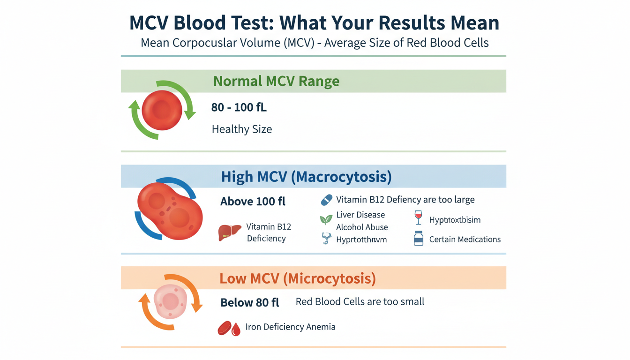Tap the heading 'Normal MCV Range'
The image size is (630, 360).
point(276,81)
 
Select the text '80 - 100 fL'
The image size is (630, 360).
point(239,107)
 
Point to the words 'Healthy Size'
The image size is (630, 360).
point(242,129)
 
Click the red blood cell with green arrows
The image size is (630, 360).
point(162,111)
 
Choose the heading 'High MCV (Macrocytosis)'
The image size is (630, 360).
point(306,177)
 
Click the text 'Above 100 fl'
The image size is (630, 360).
point(253,202)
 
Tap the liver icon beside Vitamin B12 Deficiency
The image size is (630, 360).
point(230,232)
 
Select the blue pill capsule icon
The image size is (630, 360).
point(326,200)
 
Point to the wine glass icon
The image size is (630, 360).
point(418,217)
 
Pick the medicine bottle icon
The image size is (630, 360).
point(418,239)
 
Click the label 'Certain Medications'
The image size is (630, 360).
point(465,240)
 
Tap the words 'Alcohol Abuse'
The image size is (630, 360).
point(362,227)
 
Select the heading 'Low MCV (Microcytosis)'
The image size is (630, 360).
point(298,278)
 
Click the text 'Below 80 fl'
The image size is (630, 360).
point(249,303)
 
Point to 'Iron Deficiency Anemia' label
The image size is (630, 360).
point(290,327)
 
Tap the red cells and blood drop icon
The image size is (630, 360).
point(229,328)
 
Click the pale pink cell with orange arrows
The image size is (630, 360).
point(170,301)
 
